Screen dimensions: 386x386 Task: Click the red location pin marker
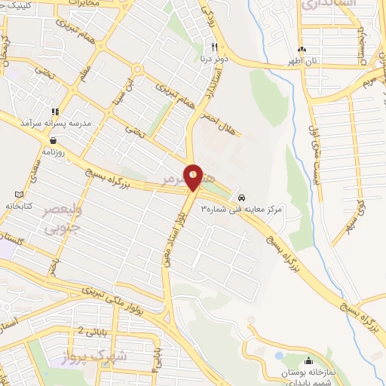tap(193, 177)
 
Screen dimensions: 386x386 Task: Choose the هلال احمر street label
tap(218, 113)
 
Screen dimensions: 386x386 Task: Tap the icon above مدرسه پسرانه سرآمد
tap(54, 110)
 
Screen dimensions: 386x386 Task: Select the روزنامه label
tap(54, 152)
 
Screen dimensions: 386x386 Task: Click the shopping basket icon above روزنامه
tap(54, 139)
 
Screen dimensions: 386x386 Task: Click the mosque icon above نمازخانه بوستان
tap(309, 360)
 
